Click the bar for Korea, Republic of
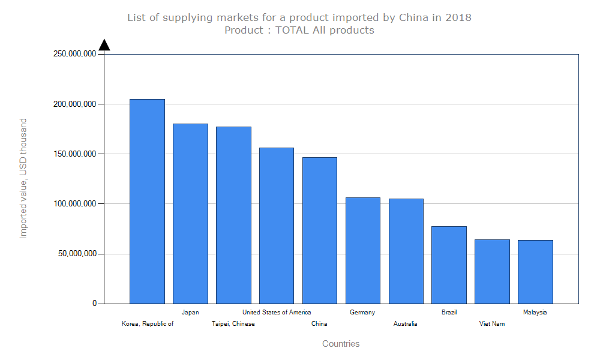[x=147, y=201]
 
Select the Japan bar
[x=190, y=214]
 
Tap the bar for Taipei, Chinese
[x=233, y=215]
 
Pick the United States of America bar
[x=277, y=226]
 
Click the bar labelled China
[x=320, y=230]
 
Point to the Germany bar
[x=363, y=250]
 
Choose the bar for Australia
[x=406, y=251]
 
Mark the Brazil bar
[x=449, y=265]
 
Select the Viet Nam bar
[x=492, y=271]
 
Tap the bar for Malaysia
[x=535, y=272]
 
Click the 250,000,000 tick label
[x=75, y=54]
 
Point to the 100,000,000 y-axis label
[x=75, y=204]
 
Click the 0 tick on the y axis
[x=94, y=304]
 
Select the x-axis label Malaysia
[x=535, y=312]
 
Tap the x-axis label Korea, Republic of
[x=148, y=324]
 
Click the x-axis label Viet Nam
[x=492, y=324]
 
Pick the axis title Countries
[x=341, y=344]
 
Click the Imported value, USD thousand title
[x=23, y=178]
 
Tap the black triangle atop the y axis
[x=104, y=45]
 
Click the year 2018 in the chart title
[x=458, y=17]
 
